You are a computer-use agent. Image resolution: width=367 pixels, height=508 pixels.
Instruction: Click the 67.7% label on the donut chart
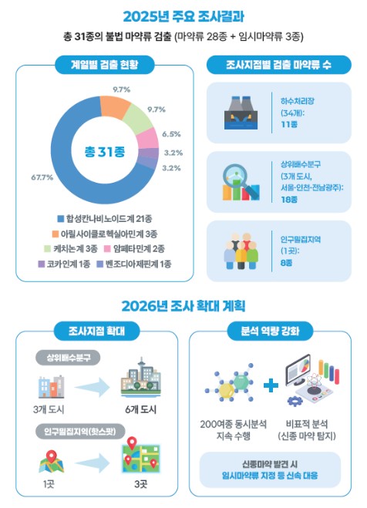42,177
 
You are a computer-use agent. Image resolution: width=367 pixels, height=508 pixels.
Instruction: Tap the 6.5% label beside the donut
171,134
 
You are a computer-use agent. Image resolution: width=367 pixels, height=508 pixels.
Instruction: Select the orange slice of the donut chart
115,105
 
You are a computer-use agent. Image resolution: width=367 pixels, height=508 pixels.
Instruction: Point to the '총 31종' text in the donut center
105,151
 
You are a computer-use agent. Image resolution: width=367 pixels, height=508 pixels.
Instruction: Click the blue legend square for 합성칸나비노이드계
61,219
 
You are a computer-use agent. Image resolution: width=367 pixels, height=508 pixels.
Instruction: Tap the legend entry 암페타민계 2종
134,249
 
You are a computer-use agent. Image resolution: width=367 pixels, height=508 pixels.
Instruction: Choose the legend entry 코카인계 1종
64,264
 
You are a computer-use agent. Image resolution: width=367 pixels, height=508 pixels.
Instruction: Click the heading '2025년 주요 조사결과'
183,16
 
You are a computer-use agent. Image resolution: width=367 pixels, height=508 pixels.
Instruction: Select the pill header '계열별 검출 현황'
105,65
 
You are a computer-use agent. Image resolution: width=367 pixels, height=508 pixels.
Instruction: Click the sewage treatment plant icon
241,113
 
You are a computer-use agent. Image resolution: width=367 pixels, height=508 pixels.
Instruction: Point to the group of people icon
241,251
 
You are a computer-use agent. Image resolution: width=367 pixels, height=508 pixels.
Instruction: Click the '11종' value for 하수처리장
289,124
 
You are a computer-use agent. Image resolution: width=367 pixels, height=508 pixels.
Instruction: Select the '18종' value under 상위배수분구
289,200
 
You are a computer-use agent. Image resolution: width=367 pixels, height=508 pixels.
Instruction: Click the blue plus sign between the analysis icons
271,385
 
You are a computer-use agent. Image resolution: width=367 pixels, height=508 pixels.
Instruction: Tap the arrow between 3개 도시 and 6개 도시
93,387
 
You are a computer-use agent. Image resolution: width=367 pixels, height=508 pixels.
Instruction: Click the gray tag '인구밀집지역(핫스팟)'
80,432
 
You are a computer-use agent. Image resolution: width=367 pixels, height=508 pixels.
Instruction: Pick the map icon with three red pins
141,455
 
